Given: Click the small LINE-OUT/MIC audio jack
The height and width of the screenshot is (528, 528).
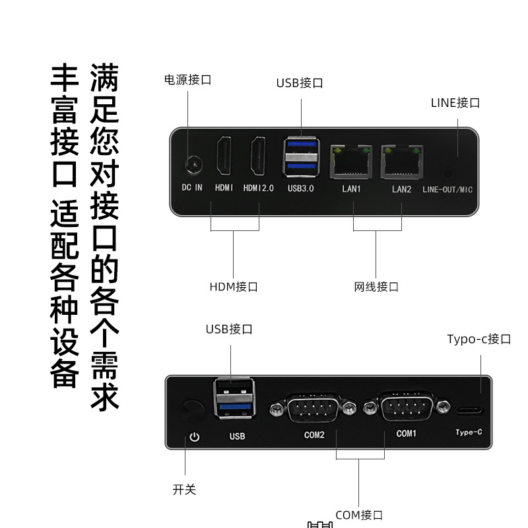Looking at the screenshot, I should click(x=448, y=174).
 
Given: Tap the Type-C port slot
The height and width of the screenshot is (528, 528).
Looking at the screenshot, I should click(x=469, y=411).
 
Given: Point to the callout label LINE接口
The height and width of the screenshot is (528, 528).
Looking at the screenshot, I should click(x=455, y=102).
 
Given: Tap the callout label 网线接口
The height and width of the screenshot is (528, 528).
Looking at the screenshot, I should click(x=376, y=286).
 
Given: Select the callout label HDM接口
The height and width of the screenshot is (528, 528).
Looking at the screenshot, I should click(x=233, y=286).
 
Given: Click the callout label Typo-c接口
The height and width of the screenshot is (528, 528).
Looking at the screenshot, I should click(x=478, y=339).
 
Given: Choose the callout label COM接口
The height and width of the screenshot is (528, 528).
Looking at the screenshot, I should click(x=359, y=515).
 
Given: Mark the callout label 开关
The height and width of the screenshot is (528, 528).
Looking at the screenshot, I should click(x=184, y=489).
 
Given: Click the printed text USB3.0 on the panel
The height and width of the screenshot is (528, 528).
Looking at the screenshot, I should click(x=301, y=188).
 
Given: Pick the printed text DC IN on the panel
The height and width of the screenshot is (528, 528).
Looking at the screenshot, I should click(x=192, y=188).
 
